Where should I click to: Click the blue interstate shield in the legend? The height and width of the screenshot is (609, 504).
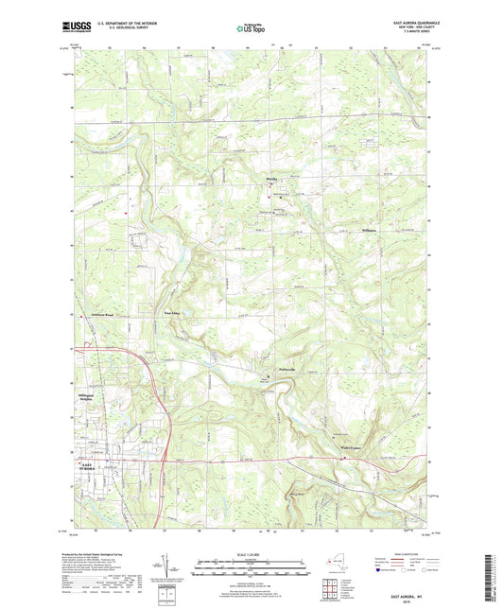tap(380, 571)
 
